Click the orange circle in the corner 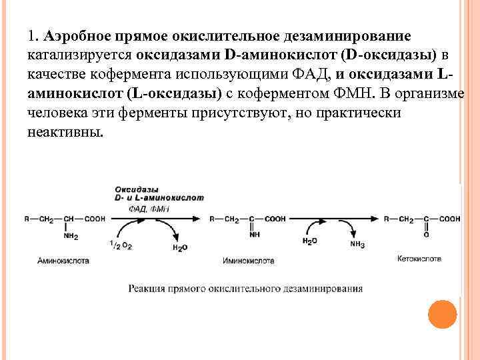[442, 314]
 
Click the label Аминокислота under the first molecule [63, 261]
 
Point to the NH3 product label [357, 245]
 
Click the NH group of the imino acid [253, 235]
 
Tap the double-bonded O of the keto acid [426, 235]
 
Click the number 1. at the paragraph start [34, 33]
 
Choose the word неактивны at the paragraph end [65, 131]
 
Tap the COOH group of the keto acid [449, 218]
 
